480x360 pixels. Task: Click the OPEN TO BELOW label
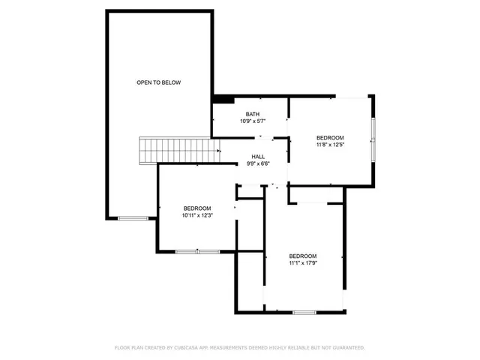158,82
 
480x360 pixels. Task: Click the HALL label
257,157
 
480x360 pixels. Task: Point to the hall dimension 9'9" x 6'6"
257,164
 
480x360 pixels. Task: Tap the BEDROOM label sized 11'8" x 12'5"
330,137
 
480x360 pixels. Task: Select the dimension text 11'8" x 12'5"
330,145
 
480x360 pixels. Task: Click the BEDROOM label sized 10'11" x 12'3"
197,208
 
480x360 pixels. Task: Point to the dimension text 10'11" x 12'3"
197,215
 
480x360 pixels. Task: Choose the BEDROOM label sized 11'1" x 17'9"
303,255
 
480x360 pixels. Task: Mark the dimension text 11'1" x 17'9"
303,262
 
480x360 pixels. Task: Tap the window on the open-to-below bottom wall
133,217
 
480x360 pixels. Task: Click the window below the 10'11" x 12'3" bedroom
197,252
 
